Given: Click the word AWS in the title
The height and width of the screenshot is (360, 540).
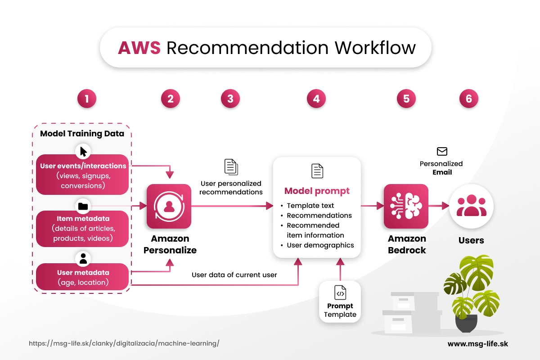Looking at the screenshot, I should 139,48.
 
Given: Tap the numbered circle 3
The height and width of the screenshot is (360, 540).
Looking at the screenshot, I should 230,99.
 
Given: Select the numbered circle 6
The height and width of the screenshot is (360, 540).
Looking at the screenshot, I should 469,99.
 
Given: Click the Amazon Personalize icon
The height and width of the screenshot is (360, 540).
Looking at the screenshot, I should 169,206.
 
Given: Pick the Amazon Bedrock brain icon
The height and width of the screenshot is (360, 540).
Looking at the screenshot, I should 406,206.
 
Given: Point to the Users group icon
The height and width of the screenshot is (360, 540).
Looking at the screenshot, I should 471,206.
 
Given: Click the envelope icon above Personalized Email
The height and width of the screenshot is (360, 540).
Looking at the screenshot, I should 442,151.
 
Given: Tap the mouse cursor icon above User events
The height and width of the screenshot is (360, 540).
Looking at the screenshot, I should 83,151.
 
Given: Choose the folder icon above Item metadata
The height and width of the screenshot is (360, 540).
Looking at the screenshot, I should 83,207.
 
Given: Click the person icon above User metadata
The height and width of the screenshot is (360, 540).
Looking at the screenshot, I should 83,259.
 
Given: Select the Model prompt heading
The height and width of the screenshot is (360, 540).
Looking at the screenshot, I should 317,191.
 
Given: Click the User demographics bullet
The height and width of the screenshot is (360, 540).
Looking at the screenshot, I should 320,245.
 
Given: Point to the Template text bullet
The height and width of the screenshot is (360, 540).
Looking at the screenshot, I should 310,206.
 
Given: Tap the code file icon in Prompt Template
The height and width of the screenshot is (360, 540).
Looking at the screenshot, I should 340,293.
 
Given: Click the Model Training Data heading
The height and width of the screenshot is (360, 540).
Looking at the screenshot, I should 82,134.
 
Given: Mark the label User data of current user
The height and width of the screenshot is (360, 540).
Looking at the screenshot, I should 234,274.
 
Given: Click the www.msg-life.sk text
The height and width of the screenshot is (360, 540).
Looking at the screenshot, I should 477,343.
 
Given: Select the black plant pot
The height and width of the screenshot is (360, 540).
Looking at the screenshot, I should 466,323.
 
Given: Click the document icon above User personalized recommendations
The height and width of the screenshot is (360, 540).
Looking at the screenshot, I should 231,167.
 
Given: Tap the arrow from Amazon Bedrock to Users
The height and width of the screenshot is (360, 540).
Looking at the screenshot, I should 439,206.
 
